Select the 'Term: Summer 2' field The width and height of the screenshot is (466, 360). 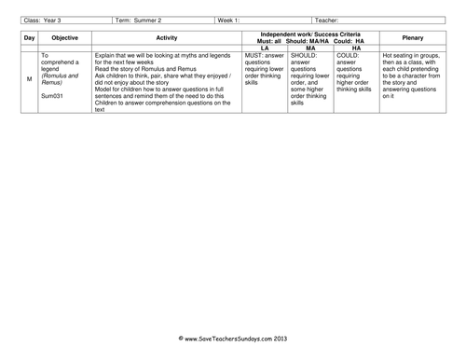[139, 18]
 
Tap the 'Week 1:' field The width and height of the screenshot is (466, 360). [228, 18]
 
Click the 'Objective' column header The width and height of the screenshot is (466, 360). [65, 37]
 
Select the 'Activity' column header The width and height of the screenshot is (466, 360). [166, 37]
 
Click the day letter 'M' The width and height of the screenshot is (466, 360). [29, 80]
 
